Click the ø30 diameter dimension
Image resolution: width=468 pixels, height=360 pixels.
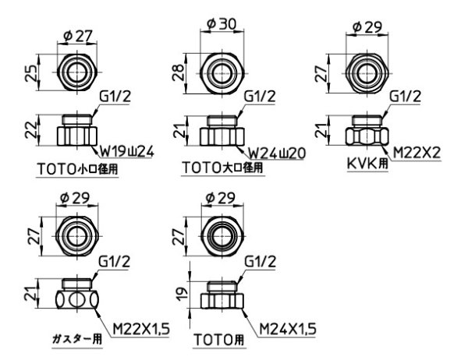point(221,25)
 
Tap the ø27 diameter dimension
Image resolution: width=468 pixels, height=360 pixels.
point(76,34)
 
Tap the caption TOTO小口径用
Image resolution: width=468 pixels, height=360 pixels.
point(77,167)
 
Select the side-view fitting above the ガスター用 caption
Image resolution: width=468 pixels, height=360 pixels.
point(76,295)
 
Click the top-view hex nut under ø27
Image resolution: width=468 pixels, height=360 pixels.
point(76,74)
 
